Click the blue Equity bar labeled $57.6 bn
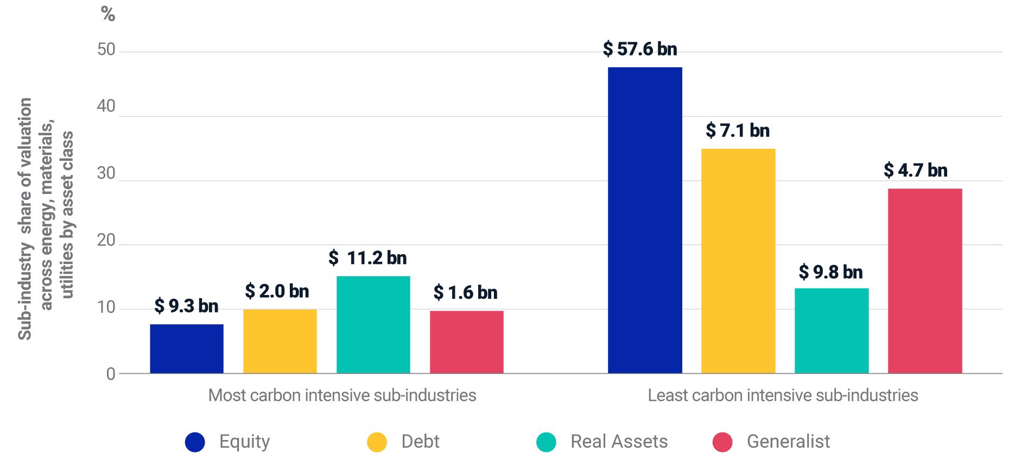pos(644,220)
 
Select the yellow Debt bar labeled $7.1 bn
pos(738,261)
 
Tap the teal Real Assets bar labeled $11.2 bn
pos(373,324)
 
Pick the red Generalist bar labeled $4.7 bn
pos(924,280)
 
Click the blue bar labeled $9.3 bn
pos(186,348)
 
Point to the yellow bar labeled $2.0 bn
pos(280,341)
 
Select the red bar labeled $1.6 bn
pos(466,342)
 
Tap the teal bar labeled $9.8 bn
pos(831,330)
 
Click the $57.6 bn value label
pos(640,49)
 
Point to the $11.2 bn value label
pos(367,258)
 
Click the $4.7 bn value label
pos(915,171)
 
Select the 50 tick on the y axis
pos(106,50)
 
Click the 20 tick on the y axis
pos(106,240)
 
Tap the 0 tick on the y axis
pos(111,374)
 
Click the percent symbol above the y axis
pos(108,14)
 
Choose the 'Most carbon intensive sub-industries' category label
pos(342,395)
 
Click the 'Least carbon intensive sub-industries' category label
pos(783,395)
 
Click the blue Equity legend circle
pos(195,442)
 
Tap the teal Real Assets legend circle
pos(546,442)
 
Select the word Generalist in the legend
pos(788,442)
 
